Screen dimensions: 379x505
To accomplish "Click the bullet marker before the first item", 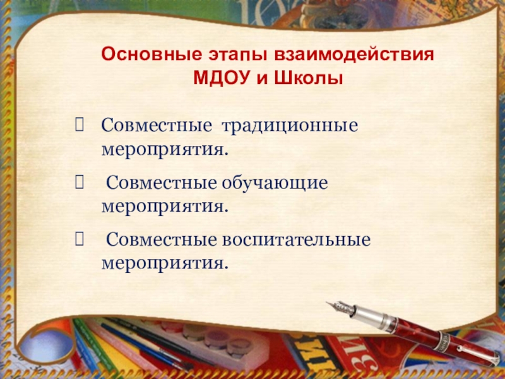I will click(x=78, y=125).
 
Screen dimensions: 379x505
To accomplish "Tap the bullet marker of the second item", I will click(x=78, y=183).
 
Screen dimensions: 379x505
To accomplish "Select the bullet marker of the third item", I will click(x=78, y=241).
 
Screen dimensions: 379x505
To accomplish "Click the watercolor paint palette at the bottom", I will click(x=208, y=341).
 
